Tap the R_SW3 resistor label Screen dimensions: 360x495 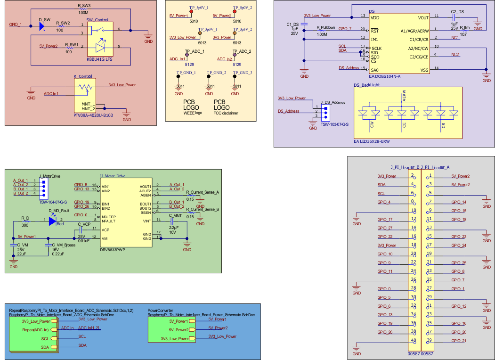[84, 6]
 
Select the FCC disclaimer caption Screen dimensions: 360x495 [226, 113]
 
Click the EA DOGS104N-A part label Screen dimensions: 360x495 [385, 76]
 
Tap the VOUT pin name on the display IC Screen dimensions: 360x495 [423, 18]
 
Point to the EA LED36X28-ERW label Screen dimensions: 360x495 [372, 141]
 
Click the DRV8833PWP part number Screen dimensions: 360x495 [112, 249]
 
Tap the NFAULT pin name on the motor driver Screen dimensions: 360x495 [109, 221]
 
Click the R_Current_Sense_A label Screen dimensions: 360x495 [203, 192]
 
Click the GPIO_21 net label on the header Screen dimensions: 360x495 [458, 341]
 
